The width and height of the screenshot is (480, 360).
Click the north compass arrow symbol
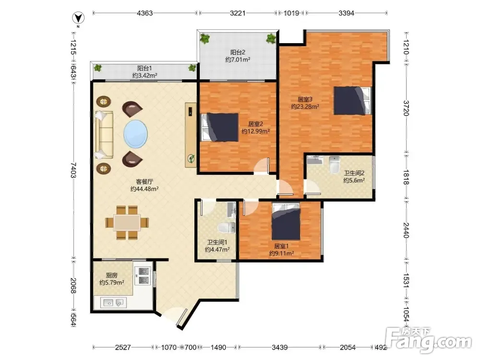click(78, 18)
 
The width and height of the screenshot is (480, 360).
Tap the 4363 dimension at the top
click(145, 13)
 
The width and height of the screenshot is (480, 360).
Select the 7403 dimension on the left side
click(73, 170)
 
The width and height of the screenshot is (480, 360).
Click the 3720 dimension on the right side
click(406, 108)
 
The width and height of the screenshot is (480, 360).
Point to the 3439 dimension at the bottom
click(279, 348)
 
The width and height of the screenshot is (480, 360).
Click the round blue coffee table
click(136, 134)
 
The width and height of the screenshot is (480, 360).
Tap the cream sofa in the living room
click(104, 135)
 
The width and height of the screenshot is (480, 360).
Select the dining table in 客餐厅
click(127, 222)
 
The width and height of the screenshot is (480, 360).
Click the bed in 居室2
click(219, 127)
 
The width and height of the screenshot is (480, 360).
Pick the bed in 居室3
click(352, 101)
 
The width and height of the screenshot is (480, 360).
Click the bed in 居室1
click(286, 222)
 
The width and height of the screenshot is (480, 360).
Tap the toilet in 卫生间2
click(334, 164)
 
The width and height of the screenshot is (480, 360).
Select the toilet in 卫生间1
click(227, 228)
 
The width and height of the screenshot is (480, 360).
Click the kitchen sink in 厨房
click(114, 303)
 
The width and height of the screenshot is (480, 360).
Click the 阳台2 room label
click(238, 52)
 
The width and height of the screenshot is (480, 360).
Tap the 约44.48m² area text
click(144, 189)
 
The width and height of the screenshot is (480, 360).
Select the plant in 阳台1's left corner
click(97, 68)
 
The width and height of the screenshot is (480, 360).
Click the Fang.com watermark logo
click(429, 339)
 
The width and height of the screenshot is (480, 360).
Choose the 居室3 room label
click(305, 99)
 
